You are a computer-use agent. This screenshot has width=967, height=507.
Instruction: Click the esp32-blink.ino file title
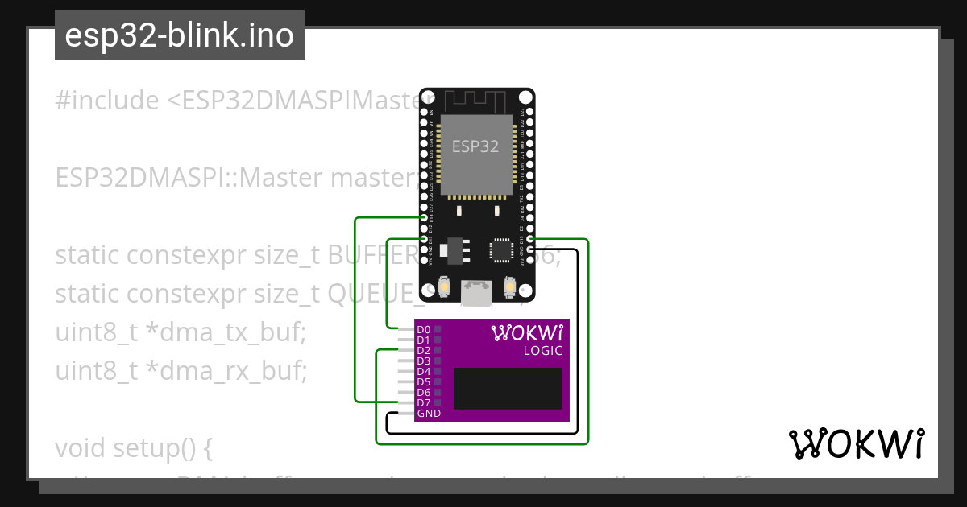[179, 36]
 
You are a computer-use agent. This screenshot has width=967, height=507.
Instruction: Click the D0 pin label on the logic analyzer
[424, 330]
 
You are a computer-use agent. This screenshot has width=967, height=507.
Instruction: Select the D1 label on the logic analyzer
[424, 340]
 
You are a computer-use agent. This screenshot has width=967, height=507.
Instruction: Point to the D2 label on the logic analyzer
[424, 351]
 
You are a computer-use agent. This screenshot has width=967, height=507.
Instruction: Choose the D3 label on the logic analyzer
[424, 361]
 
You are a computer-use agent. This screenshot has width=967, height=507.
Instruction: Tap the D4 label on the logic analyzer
[424, 372]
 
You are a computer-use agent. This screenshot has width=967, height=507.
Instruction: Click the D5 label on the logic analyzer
[424, 381]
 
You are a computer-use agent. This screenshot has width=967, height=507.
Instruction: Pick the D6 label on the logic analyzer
[424, 392]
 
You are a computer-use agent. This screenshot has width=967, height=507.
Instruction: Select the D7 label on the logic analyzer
[424, 402]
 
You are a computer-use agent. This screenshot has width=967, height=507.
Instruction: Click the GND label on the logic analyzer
[429, 413]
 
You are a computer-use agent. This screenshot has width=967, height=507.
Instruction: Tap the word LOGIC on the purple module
[543, 351]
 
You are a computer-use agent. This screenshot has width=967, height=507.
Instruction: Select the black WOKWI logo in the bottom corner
[857, 443]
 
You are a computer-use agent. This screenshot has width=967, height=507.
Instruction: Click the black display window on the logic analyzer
[508, 389]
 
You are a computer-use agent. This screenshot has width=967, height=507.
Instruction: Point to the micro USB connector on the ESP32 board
[475, 294]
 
